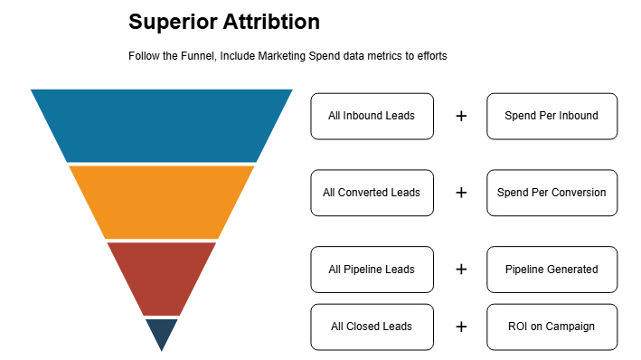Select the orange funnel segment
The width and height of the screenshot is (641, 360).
click(162, 201)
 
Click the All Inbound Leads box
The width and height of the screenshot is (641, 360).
click(372, 116)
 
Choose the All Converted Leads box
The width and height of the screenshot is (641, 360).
click(372, 193)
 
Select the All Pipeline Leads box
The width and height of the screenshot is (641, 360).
click(372, 270)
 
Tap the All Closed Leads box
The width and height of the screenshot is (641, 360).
click(372, 327)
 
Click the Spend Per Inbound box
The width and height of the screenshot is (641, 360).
click(551, 116)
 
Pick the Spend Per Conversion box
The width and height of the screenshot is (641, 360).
click(551, 193)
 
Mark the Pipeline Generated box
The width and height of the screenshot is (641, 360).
click(551, 270)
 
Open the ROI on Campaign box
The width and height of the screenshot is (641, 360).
click(551, 327)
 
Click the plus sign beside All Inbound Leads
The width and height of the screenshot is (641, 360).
click(461, 116)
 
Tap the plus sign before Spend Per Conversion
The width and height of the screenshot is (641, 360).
click(461, 193)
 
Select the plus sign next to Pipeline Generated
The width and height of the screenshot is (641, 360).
click(461, 270)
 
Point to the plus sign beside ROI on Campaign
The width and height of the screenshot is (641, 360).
click(461, 327)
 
